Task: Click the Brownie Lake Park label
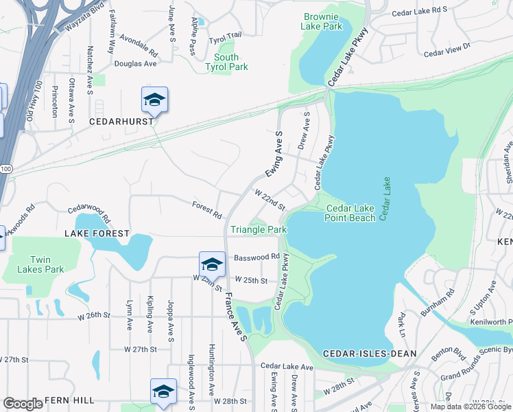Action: (321, 21)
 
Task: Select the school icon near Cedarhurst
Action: (154, 101)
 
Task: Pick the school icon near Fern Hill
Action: (163, 392)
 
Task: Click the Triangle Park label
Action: (258, 229)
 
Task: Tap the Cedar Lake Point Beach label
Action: (350, 213)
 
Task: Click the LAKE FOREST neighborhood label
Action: (97, 233)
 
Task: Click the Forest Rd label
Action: (206, 209)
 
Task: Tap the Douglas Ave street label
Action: (135, 63)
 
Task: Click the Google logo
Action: (23, 404)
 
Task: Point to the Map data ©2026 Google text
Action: (470, 407)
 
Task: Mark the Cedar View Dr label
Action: (446, 49)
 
